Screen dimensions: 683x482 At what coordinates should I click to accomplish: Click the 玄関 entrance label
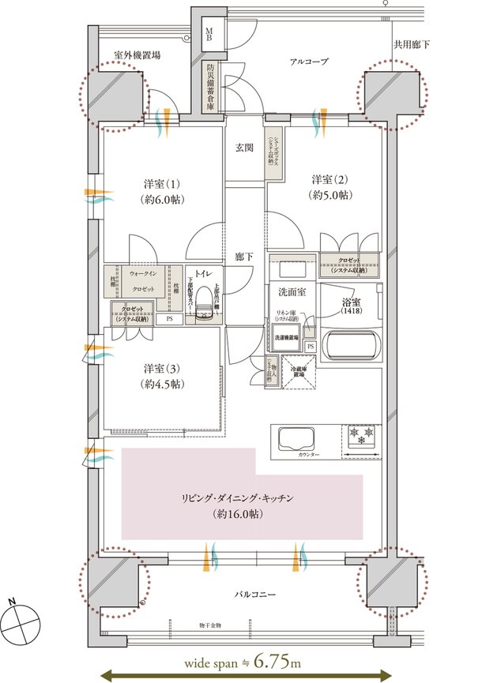tap(244, 148)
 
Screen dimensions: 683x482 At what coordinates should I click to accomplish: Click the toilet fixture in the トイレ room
tap(203, 303)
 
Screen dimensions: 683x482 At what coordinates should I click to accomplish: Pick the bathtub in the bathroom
tap(352, 344)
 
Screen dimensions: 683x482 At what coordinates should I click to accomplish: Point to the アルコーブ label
tap(308, 62)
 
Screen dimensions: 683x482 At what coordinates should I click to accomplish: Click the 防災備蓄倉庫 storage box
tap(211, 88)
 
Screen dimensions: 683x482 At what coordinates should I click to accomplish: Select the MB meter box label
tap(209, 33)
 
